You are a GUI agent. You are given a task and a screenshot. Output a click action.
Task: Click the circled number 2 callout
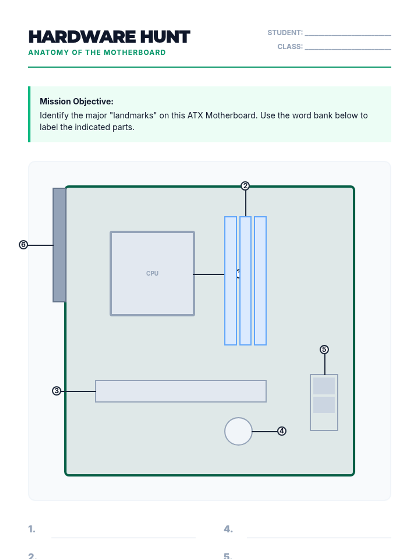click(x=245, y=186)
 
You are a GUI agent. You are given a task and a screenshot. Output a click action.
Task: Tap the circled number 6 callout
click(x=23, y=245)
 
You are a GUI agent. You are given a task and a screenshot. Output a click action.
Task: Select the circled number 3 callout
click(x=57, y=391)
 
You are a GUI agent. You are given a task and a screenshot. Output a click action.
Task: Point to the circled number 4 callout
click(x=282, y=431)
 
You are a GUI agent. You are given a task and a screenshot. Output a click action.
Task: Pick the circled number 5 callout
click(x=324, y=349)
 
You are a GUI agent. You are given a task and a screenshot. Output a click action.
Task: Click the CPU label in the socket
click(x=152, y=273)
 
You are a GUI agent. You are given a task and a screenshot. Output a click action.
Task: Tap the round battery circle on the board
click(x=238, y=431)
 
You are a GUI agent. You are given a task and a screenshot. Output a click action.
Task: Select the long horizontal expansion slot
click(x=181, y=391)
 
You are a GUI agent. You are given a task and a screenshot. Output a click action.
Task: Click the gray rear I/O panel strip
click(x=59, y=245)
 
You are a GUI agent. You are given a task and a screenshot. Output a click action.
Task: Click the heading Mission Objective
click(x=76, y=101)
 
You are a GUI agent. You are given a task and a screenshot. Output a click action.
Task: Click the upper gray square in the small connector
click(x=324, y=386)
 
